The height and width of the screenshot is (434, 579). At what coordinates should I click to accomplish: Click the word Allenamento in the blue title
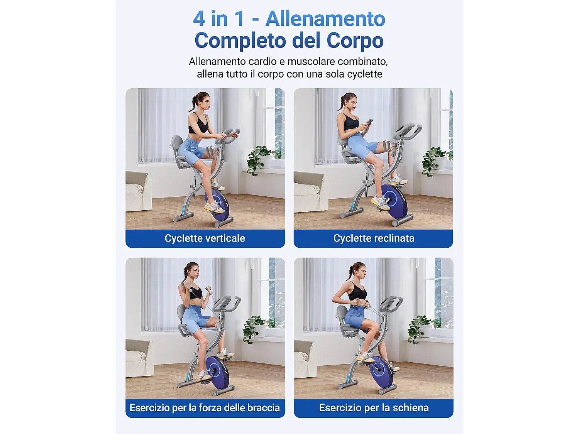325,19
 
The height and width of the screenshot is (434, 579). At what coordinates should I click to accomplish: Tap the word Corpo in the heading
355,41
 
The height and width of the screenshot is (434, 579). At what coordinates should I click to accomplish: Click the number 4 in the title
198,19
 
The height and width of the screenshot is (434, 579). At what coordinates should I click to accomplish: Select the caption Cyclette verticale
205,238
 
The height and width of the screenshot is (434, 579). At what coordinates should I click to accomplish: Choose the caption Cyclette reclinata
374,238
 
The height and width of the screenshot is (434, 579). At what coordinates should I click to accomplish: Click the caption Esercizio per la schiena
374,408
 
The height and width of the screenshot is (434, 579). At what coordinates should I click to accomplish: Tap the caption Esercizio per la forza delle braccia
205,408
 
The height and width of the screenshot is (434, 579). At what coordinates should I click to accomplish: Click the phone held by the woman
369,122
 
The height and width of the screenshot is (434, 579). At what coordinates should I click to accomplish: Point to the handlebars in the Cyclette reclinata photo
407,131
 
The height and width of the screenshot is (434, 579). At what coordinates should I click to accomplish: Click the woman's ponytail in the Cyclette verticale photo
192,103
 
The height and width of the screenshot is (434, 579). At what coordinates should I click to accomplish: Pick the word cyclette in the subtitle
364,74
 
